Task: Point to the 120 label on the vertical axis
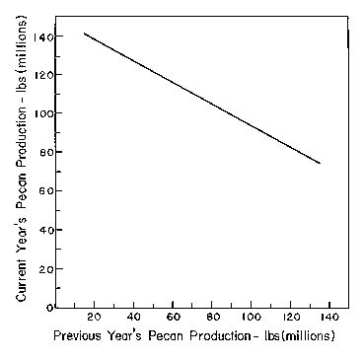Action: pyautogui.click(x=44, y=75)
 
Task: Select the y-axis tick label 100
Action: pyautogui.click(x=44, y=113)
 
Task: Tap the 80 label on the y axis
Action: pyautogui.click(x=47, y=153)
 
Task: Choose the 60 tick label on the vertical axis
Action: pyautogui.click(x=47, y=191)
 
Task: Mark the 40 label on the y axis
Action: pyautogui.click(x=47, y=230)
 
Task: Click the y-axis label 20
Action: pyautogui.click(x=47, y=269)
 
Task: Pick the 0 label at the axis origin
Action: pyautogui.click(x=50, y=308)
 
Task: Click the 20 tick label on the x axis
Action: pyautogui.click(x=95, y=318)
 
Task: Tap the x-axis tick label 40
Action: pyautogui.click(x=133, y=318)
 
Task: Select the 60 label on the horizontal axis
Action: pyautogui.click(x=173, y=318)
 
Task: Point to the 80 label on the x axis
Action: pyautogui.click(x=212, y=318)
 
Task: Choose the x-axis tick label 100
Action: pyautogui.click(x=252, y=318)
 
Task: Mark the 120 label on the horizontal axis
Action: pyautogui.click(x=290, y=318)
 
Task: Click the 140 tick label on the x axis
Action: pyautogui.click(x=329, y=318)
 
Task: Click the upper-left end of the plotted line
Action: pyautogui.click(x=84, y=34)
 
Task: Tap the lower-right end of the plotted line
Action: pyautogui.click(x=320, y=163)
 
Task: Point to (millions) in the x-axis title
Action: pyautogui.click(x=309, y=336)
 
